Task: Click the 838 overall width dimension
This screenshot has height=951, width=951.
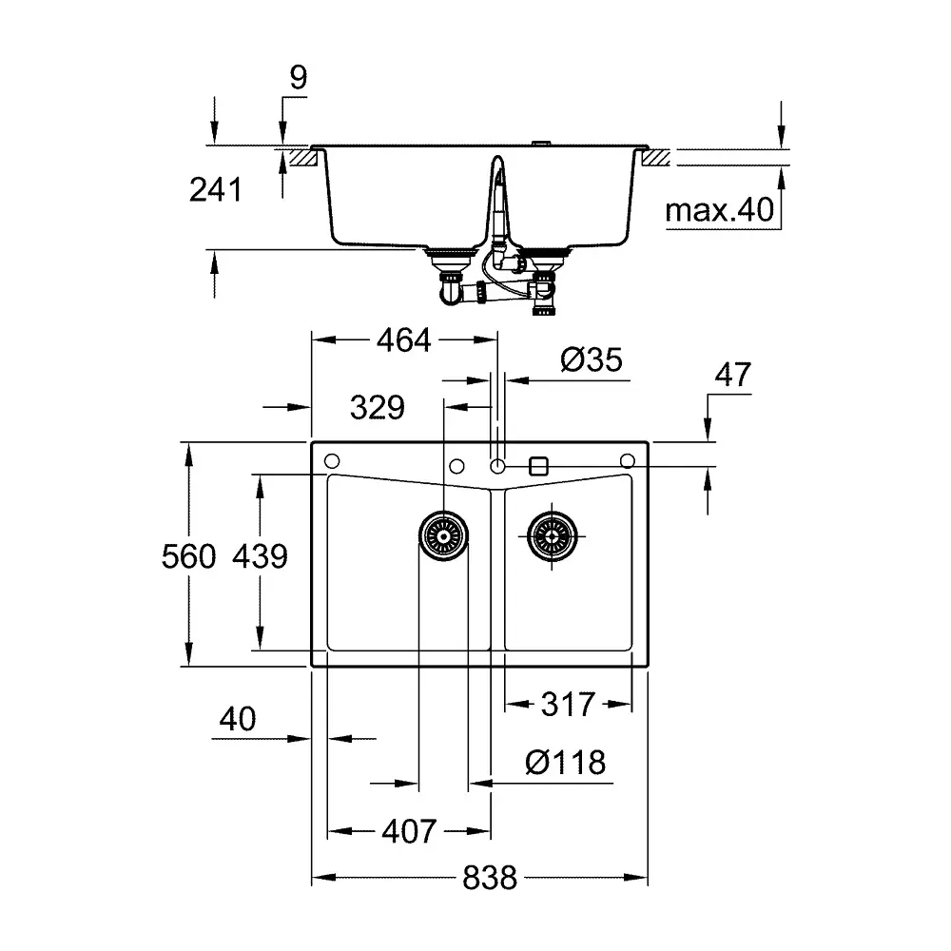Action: click(x=490, y=877)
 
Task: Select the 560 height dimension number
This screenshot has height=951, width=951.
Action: click(x=188, y=556)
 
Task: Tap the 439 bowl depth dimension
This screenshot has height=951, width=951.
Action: click(x=261, y=556)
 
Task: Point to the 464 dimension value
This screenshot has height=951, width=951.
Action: click(x=404, y=340)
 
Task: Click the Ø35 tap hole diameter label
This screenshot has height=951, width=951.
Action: click(x=592, y=359)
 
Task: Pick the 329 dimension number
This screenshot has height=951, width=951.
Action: click(x=378, y=408)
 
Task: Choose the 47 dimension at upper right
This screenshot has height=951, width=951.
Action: click(x=732, y=375)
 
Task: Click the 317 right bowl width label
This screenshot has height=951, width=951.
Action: click(x=568, y=704)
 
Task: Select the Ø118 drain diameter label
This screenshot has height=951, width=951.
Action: click(x=565, y=763)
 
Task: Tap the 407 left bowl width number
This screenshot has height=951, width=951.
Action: click(x=409, y=831)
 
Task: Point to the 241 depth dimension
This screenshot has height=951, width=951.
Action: click(x=216, y=190)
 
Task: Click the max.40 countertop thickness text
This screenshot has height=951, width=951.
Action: click(x=720, y=210)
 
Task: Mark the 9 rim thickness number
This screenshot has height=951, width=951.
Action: click(x=299, y=78)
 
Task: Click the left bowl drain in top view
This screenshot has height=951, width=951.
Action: click(x=443, y=536)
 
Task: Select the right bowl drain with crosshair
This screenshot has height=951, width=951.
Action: click(x=552, y=536)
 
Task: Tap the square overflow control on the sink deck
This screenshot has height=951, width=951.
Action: click(x=538, y=466)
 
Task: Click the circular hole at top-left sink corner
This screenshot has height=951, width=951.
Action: click(x=332, y=461)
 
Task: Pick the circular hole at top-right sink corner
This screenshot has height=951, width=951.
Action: click(x=628, y=461)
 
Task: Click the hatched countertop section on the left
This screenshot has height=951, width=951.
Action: click(x=303, y=158)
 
